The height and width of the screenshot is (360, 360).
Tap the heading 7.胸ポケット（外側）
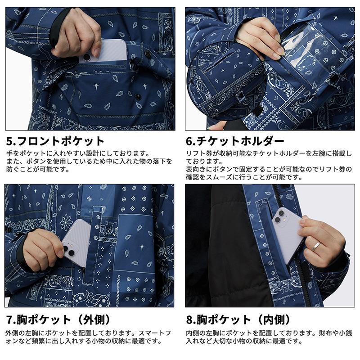(x=59, y=320)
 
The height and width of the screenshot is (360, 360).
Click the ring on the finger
(x=317, y=246)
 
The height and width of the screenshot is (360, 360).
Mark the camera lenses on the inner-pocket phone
(x=281, y=215)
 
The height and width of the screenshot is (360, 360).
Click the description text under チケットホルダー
(x=269, y=166)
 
